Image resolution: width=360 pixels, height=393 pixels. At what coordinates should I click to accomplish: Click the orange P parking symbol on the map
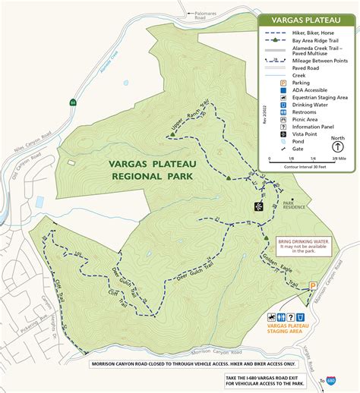[x=311, y=286]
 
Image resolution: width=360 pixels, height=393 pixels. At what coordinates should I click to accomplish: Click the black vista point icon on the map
[x=258, y=206]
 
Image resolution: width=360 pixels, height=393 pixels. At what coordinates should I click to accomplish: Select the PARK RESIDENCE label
[x=294, y=205]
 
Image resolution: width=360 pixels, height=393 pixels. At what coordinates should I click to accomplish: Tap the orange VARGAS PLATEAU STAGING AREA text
[x=286, y=331]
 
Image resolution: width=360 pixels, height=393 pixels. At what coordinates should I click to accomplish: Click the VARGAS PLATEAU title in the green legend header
[x=308, y=20]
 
